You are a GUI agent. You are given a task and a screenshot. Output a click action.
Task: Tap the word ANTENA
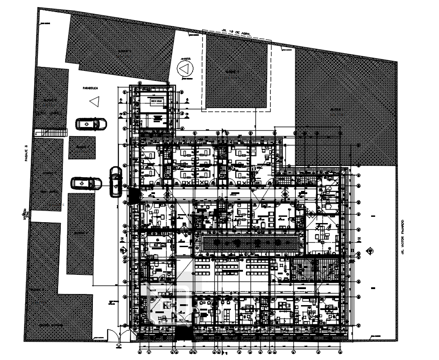(x=185, y=59)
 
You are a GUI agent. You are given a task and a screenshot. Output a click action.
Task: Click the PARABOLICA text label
(x=90, y=88)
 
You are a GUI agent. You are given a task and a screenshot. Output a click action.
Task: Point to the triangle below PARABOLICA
(x=94, y=101)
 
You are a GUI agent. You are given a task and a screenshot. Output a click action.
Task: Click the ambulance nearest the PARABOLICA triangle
(x=91, y=124)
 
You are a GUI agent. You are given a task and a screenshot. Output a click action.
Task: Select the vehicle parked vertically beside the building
(x=115, y=181)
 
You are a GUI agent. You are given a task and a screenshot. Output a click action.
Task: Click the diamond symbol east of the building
(x=369, y=251)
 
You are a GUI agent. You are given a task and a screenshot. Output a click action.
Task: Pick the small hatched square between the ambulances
(x=82, y=148)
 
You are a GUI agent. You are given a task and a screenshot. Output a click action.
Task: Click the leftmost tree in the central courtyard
(x=217, y=243)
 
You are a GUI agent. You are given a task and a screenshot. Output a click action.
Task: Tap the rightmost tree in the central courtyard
(x=278, y=243)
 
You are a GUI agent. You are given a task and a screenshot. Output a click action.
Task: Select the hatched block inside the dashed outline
(x=236, y=71)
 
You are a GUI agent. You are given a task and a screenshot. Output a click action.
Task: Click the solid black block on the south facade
(x=184, y=333)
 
